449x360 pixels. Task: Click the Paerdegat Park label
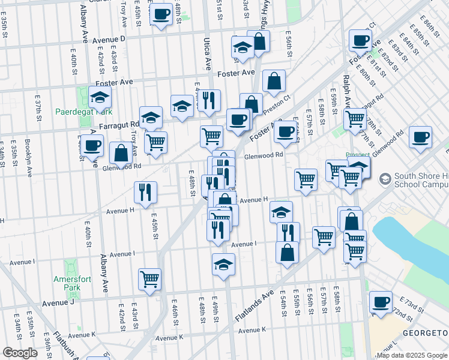point(83,112)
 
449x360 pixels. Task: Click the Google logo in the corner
point(20,353)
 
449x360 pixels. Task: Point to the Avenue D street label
point(109,38)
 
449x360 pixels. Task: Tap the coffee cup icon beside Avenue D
point(161,14)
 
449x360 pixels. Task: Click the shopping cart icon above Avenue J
point(149,278)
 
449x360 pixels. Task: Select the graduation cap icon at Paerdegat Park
point(100,97)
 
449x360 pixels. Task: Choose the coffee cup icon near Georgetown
point(380,302)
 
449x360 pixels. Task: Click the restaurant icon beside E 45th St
point(145,192)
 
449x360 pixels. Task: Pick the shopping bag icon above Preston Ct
point(273,82)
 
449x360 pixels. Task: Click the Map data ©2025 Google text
point(412,355)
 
